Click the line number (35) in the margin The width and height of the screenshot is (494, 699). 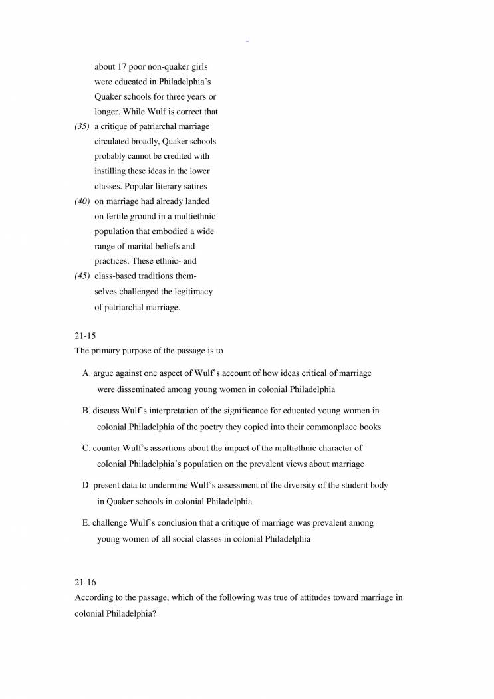tap(82, 126)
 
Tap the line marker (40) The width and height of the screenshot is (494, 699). tap(82, 201)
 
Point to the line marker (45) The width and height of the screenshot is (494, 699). tap(82, 276)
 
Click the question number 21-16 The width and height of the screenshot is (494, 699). tap(84, 583)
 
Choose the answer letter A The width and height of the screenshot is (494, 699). tap(86, 373)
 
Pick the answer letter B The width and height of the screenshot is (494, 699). tap(86, 411)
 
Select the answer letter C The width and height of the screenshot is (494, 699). tap(86, 449)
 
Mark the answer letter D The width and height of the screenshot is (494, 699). tap(86, 486)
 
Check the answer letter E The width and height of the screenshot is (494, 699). tap(86, 523)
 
